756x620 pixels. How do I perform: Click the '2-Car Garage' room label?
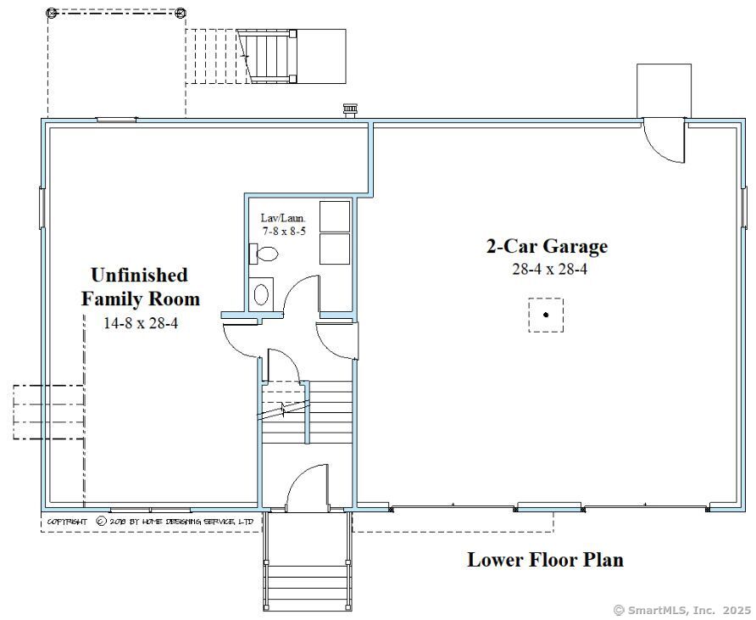click(547, 247)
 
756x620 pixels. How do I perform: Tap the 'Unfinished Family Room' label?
click(140, 287)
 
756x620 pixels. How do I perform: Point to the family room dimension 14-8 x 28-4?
click(140, 323)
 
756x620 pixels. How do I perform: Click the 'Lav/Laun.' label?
click(282, 218)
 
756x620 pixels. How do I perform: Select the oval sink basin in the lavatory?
click(262, 294)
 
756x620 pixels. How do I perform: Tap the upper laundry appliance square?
click(335, 216)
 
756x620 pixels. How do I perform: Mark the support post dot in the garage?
click(546, 315)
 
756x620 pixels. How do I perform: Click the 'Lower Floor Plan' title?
click(545, 560)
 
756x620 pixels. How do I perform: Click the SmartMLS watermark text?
click(681, 610)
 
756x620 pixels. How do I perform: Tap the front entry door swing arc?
click(306, 488)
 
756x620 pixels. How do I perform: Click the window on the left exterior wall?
click(42, 207)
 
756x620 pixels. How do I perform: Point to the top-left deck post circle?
click(51, 13)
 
